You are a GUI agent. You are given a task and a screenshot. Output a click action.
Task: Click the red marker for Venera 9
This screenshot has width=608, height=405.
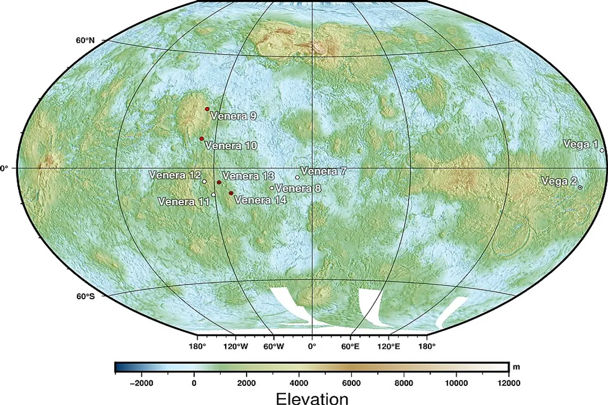click(207, 109)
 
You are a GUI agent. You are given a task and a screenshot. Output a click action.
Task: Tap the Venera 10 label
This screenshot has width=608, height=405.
click(231, 146)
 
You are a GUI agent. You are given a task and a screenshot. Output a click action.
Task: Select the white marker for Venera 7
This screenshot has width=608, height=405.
click(297, 177)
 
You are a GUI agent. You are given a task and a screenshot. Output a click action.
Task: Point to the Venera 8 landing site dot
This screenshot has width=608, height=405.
click(272, 188)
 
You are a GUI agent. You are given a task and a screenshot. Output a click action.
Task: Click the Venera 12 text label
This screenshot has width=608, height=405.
click(175, 175)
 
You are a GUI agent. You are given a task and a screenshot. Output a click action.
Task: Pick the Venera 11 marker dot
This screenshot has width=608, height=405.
click(213, 195)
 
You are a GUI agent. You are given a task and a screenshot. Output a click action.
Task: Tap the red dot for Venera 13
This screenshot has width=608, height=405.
click(219, 183)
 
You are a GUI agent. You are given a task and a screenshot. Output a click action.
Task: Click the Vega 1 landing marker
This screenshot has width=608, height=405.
click(602, 150)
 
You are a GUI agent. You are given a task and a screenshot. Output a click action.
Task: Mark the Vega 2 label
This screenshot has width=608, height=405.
click(559, 181)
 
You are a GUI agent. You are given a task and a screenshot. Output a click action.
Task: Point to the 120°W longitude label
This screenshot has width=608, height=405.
click(236, 346)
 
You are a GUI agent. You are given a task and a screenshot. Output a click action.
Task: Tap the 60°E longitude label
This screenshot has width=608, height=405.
click(350, 346)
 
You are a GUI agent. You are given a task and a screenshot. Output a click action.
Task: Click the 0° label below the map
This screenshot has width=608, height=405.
click(312, 346)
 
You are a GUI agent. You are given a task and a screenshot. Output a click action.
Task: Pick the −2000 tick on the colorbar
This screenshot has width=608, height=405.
click(141, 384)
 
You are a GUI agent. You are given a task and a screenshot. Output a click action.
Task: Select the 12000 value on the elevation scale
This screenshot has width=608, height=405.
click(508, 384)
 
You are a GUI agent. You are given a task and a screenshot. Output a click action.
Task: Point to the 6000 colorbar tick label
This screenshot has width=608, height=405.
click(351, 384)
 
